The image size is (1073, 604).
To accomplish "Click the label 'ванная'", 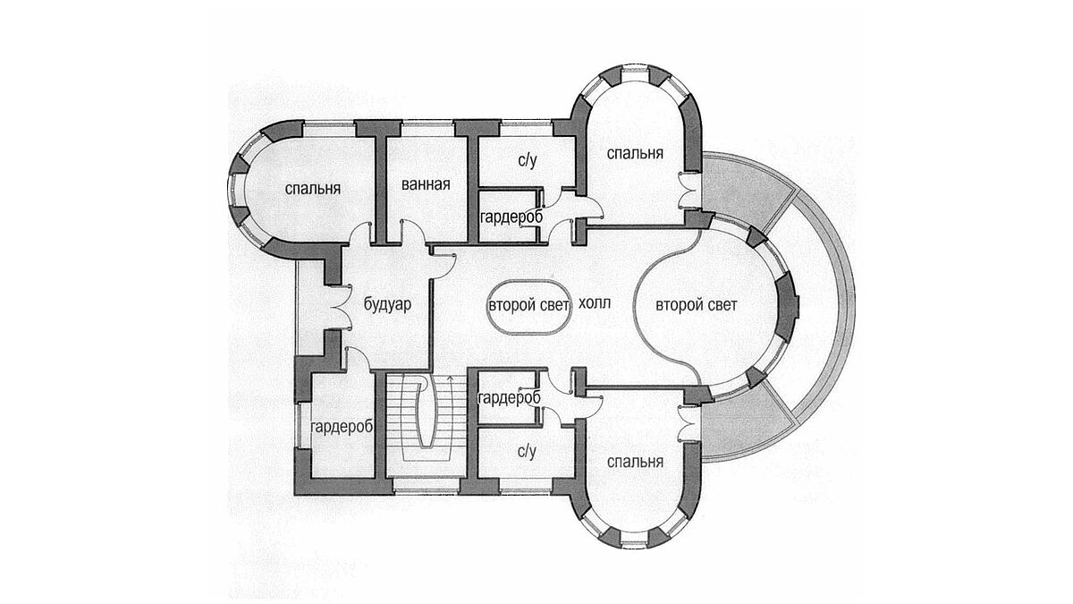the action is tap(426, 184).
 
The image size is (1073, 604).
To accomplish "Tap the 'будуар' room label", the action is tap(387, 304).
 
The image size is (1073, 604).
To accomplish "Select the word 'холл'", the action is tap(595, 303).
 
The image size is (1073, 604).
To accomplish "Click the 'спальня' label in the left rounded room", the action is tap(313, 189).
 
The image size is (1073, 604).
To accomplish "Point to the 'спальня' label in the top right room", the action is tap(635, 153).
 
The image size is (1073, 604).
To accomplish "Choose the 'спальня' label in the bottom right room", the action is tap(635, 462).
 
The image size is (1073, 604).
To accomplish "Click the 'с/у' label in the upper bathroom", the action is tap(527, 160).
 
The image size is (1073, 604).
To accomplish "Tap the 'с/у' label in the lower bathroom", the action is tap(527, 452).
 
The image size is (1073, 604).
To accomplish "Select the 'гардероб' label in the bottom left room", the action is tap(342, 427).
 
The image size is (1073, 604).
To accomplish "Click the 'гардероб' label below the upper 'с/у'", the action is tap(511, 217).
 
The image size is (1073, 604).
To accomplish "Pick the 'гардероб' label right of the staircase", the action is tap(509, 397).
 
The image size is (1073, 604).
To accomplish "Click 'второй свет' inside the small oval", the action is tap(528, 305).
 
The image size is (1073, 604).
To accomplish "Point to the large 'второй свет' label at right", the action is tap(696, 305).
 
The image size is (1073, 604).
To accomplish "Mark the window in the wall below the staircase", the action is tap(427, 487).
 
